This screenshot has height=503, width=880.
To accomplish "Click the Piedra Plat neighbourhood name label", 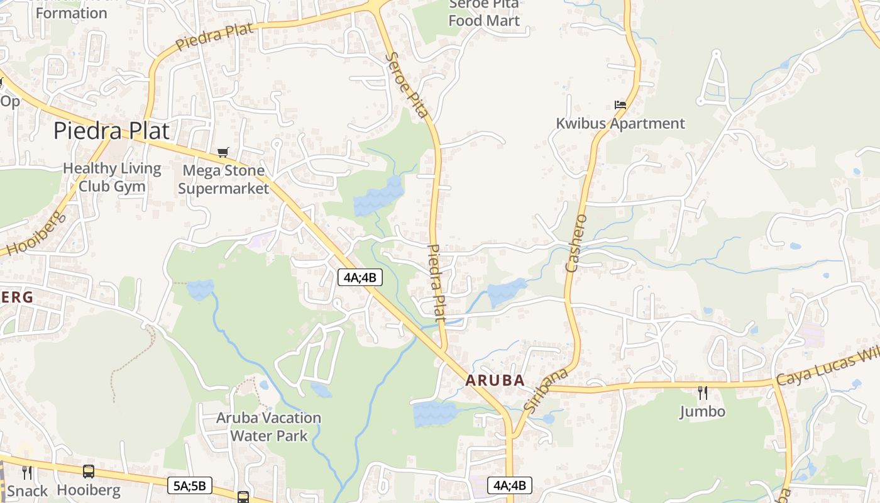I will click(x=111, y=131).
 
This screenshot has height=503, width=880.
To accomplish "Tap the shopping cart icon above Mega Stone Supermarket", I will click(x=223, y=152).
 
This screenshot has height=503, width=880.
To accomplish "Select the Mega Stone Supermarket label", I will click(x=223, y=179).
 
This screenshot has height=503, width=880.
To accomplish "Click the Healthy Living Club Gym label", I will click(x=112, y=177).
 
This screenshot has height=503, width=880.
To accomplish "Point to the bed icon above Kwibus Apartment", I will click(x=620, y=105).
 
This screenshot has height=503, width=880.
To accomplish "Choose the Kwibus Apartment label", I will click(x=620, y=123).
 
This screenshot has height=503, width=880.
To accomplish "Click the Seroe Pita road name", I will click(x=407, y=85).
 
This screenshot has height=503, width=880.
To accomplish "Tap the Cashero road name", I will click(x=576, y=243).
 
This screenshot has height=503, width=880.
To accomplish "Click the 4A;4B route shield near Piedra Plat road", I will click(x=360, y=277).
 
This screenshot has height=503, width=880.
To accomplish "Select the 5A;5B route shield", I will click(x=190, y=485).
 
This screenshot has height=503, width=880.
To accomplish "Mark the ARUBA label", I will click(x=495, y=380).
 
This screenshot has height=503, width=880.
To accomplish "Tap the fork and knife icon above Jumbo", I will click(x=703, y=393).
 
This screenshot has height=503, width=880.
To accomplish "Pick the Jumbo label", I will click(x=703, y=412).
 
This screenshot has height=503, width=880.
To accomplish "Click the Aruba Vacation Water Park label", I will click(x=268, y=426).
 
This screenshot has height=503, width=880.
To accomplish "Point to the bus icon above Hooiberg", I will click(x=89, y=472).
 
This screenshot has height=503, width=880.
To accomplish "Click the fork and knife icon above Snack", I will click(x=27, y=472).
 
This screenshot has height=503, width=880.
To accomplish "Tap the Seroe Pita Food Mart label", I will click(x=484, y=13).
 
